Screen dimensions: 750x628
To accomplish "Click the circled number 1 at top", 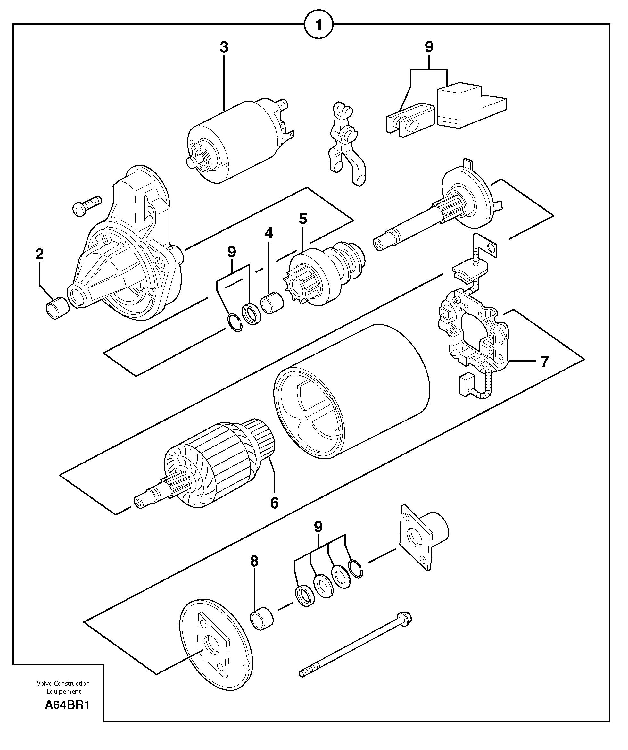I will (318, 25).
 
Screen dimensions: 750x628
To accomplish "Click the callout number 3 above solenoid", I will (224, 47).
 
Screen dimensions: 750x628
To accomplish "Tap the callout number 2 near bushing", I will (39, 254).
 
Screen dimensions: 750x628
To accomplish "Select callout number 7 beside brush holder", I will (544, 362).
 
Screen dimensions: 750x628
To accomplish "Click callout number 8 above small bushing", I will (254, 562).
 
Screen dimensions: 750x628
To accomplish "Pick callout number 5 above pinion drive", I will (303, 219).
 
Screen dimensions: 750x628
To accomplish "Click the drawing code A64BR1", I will (67, 705).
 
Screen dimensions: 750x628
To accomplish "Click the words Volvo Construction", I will (63, 683).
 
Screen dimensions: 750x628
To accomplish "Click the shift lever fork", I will (344, 143).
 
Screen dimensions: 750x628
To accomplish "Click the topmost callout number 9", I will (429, 47).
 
